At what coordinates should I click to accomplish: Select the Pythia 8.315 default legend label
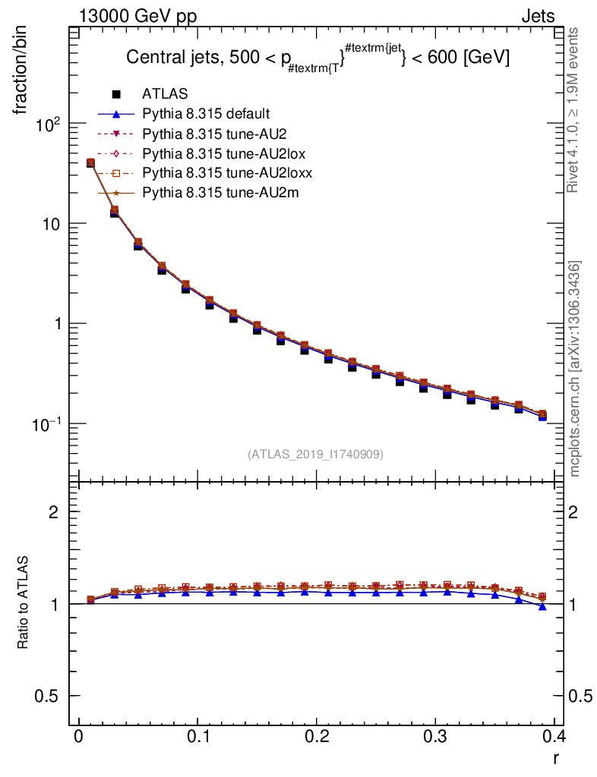click(x=206, y=115)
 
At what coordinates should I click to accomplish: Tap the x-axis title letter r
click(x=557, y=757)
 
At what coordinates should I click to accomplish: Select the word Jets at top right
click(x=537, y=17)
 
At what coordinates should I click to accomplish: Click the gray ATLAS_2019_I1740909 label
click(x=315, y=455)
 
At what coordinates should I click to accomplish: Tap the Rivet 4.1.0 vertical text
click(x=575, y=110)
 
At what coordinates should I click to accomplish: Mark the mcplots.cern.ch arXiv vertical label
click(x=575, y=369)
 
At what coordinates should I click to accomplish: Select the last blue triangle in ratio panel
click(x=542, y=606)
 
